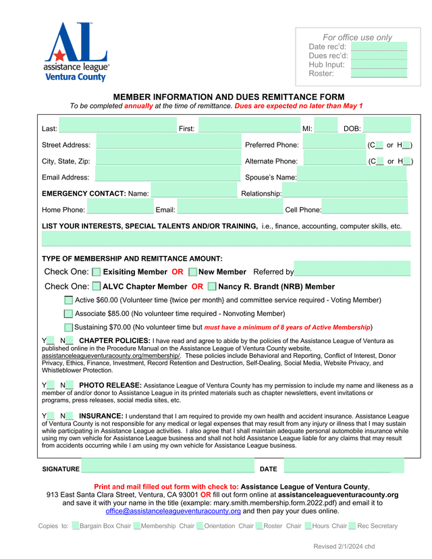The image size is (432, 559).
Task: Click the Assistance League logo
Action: coord(76,52)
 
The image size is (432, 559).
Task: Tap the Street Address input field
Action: coord(168,144)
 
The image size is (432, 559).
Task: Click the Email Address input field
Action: coord(168,177)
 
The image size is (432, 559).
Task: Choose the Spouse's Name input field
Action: coord(352,177)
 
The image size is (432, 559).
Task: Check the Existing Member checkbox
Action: coord(97,271)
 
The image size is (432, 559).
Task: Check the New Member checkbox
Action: coord(193,271)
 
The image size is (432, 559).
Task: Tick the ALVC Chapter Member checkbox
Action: coord(97,286)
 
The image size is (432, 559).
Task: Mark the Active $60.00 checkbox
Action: coord(68,300)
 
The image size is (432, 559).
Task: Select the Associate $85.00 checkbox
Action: coord(68,313)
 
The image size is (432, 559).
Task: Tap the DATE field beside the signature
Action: coord(343,468)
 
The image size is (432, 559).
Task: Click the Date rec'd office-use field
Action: coord(379,47)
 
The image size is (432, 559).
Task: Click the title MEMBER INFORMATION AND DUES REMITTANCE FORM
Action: coord(229,97)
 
